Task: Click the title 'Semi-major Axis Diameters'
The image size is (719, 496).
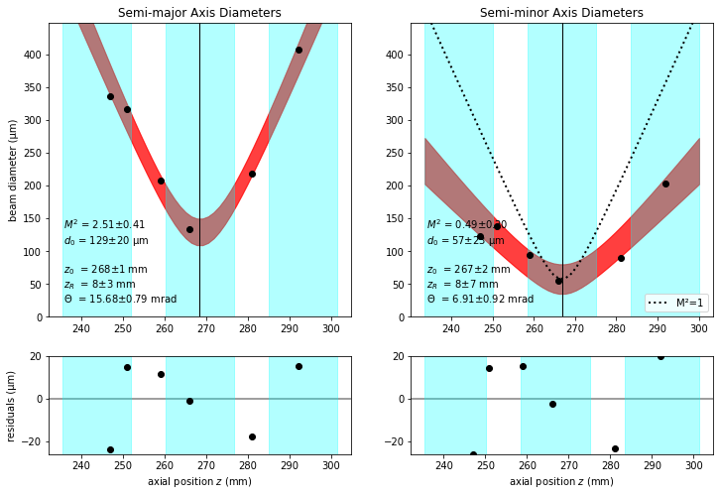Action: [199, 13]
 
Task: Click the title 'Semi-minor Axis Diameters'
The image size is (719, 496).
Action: [561, 13]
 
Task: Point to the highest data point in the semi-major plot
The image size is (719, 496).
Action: [299, 50]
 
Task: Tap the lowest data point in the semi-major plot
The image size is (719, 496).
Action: [189, 229]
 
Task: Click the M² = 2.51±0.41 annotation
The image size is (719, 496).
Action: [104, 224]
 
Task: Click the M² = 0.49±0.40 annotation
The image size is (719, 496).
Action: [466, 224]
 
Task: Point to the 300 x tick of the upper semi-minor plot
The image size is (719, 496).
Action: [698, 329]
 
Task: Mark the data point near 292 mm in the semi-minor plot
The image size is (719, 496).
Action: [665, 184]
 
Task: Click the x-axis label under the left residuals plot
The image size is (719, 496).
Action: [199, 482]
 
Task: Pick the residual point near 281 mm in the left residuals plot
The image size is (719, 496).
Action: [252, 436]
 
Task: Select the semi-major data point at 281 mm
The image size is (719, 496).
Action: [252, 174]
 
